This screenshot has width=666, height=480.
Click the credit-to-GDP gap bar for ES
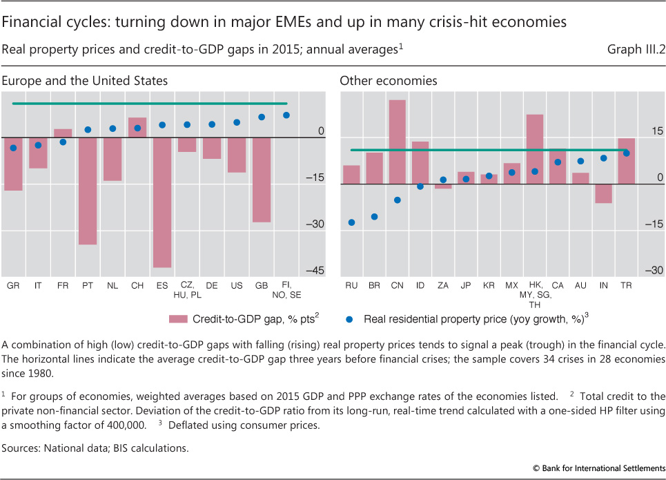point(162,202)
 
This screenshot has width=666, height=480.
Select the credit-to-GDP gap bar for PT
point(88,191)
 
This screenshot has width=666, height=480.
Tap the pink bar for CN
point(397,142)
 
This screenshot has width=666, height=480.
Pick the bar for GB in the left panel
point(262,180)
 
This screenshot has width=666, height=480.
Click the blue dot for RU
point(351,222)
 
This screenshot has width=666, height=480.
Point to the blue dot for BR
point(374,216)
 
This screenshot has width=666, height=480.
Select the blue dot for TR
point(626,153)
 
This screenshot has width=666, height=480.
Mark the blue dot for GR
point(13,148)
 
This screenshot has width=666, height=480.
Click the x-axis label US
point(237,285)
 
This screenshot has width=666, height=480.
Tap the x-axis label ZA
point(442,285)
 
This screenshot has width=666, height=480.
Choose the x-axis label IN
point(603,285)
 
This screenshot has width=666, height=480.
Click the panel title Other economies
point(388,81)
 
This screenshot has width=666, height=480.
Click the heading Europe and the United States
point(84,81)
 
